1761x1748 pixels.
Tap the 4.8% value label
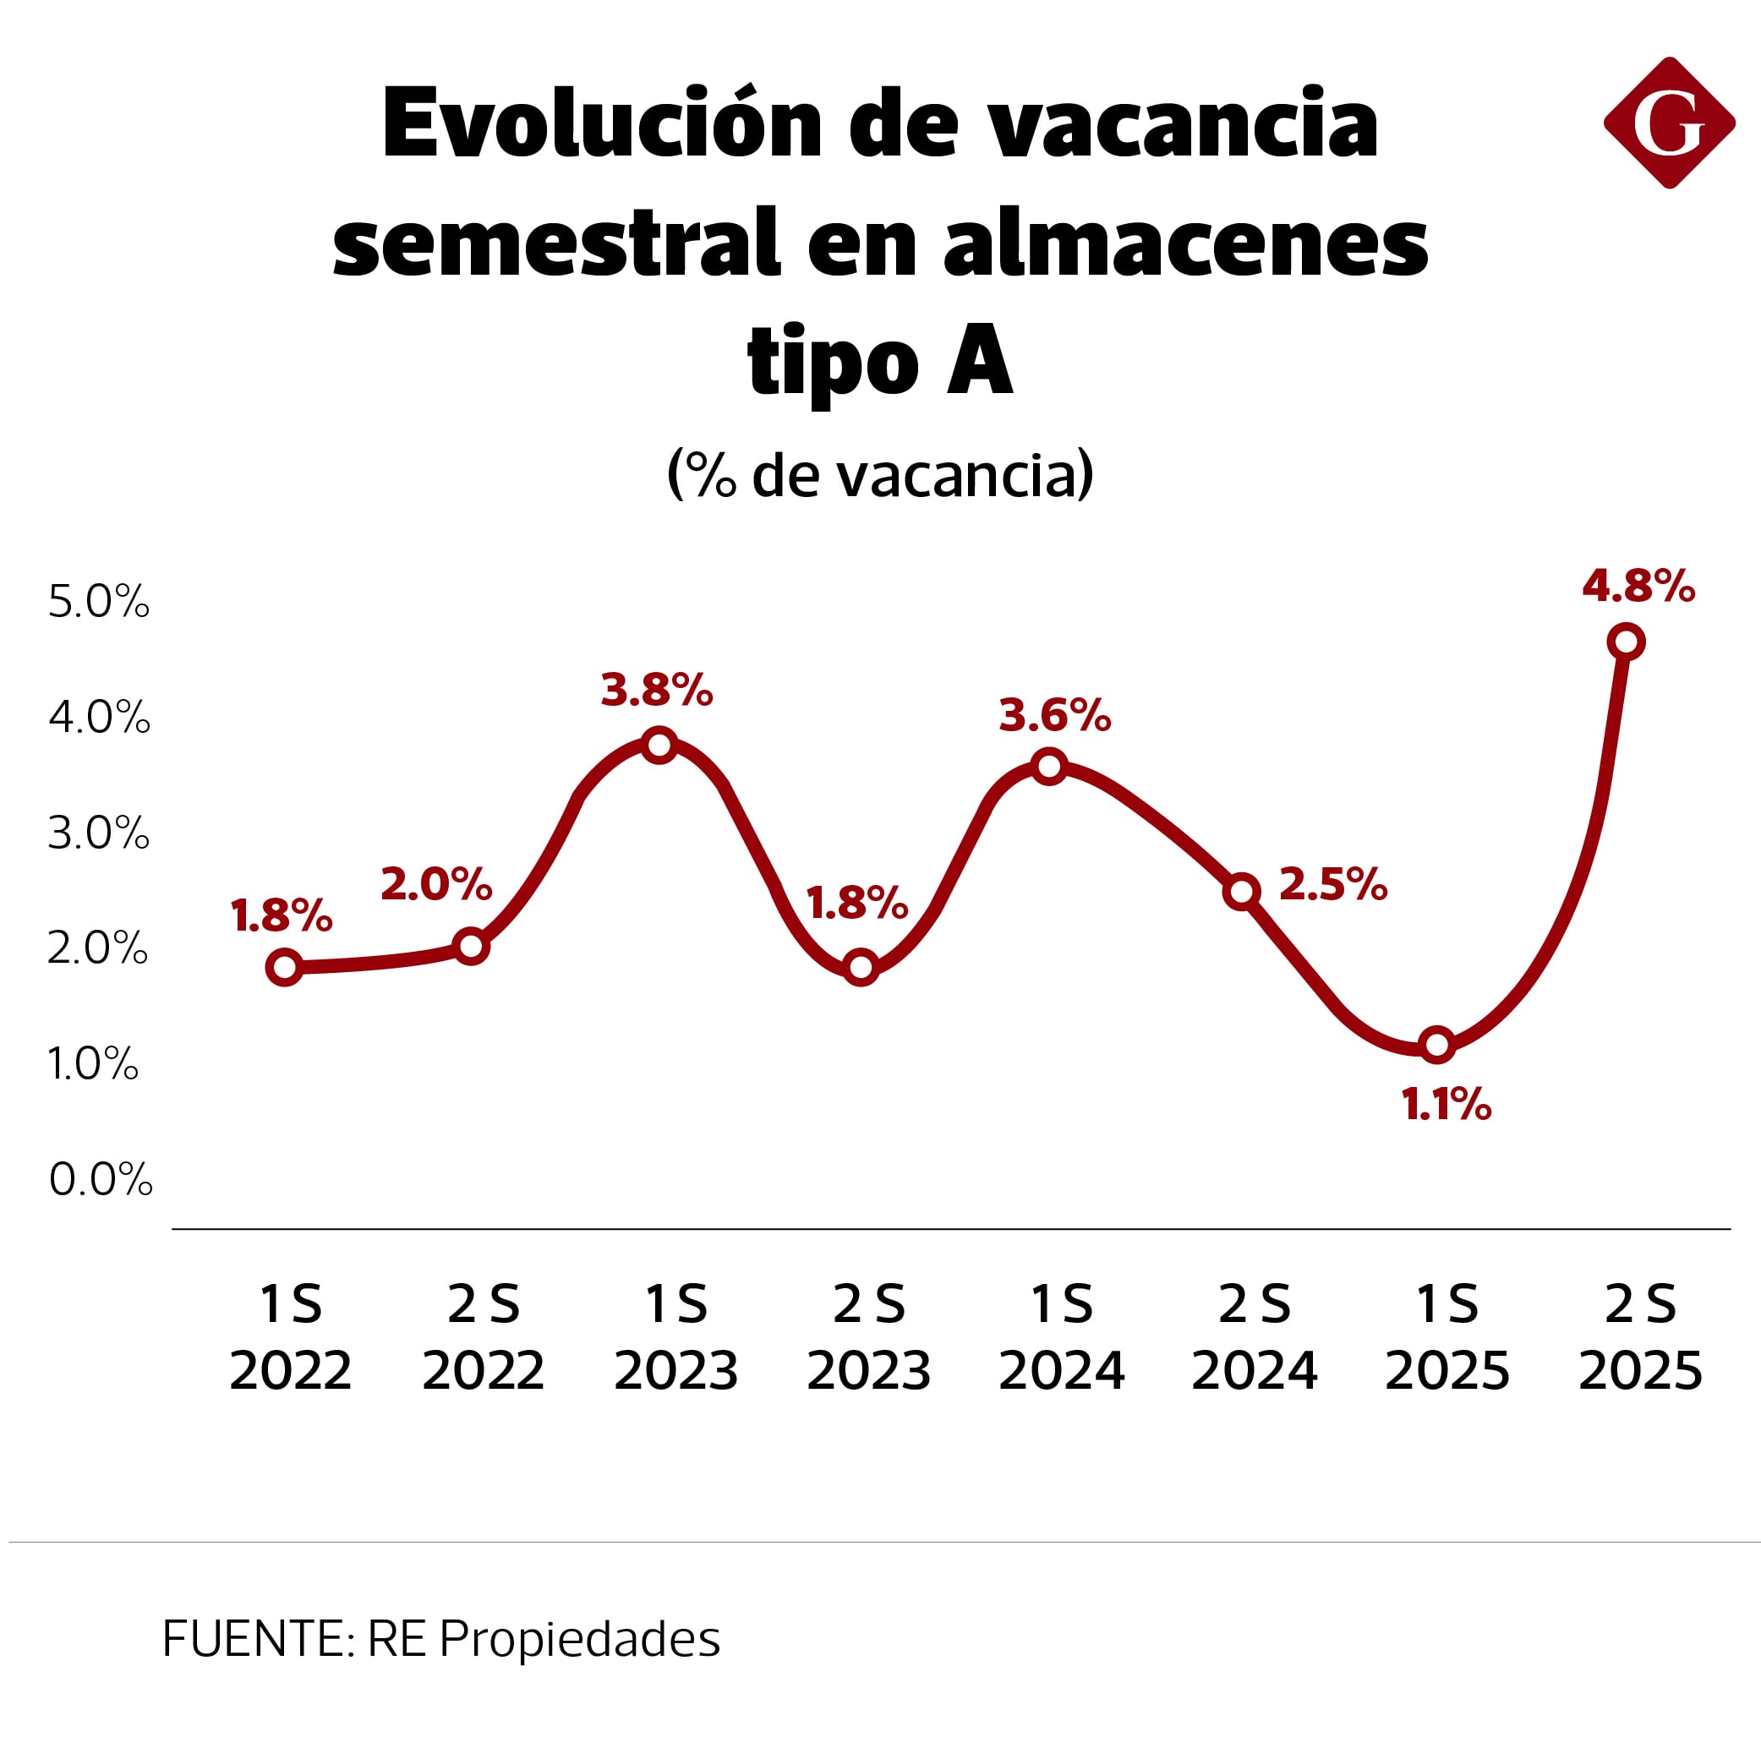click(x=1638, y=586)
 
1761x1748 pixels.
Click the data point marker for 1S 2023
click(x=659, y=746)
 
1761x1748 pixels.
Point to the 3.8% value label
click(x=656, y=690)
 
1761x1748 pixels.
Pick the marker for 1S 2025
click(x=1437, y=1045)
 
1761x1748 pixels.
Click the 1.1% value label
click(x=1447, y=1105)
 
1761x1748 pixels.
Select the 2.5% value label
click(x=1332, y=884)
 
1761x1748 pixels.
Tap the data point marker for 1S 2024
click(x=1050, y=767)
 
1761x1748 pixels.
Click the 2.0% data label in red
click(x=435, y=884)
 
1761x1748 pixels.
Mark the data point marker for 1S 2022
click(x=285, y=967)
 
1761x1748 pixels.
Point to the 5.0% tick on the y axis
click(x=98, y=603)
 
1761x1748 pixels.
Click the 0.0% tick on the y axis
click(x=101, y=1179)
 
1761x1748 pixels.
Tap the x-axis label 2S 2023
click(x=868, y=1337)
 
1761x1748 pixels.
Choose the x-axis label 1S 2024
click(x=1061, y=1337)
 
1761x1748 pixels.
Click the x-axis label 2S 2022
click(x=483, y=1337)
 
